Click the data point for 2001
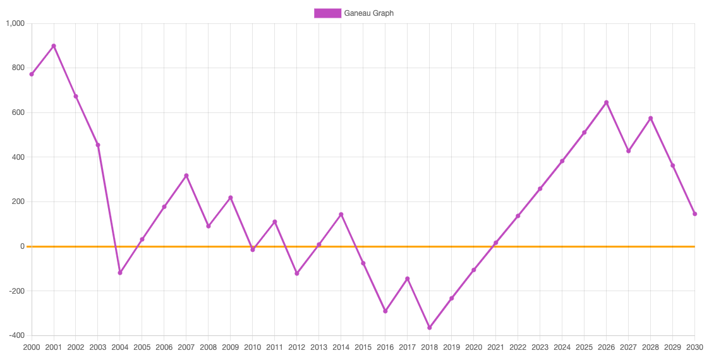click(54, 46)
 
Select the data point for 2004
click(120, 273)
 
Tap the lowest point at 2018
click(430, 328)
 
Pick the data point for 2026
click(607, 102)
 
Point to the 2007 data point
click(186, 176)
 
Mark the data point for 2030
click(694, 214)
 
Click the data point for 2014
click(341, 215)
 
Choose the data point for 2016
click(385, 311)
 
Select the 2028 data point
click(650, 118)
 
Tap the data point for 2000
click(32, 75)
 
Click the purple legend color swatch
click(327, 13)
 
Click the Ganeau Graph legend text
click(368, 13)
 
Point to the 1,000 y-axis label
click(15, 24)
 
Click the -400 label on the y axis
click(15, 335)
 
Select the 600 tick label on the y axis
click(17, 112)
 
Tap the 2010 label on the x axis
click(253, 347)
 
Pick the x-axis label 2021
click(496, 347)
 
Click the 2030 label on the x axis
click(694, 347)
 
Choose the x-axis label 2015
click(363, 347)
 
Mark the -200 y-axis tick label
click(15, 291)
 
